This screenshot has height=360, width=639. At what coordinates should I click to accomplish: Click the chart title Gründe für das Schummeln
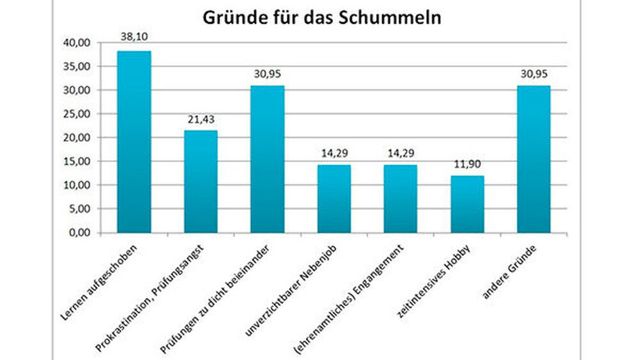(x=322, y=18)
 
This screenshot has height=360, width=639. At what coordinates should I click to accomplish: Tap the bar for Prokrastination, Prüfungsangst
(x=201, y=182)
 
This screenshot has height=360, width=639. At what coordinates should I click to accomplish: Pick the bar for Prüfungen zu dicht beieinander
(x=267, y=159)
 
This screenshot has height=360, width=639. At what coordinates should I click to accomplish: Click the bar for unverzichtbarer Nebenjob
(x=334, y=199)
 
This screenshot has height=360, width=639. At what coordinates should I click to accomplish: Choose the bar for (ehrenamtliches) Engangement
(x=401, y=199)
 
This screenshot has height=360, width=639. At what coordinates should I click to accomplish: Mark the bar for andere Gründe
(x=534, y=159)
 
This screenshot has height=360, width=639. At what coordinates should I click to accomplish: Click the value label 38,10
(x=134, y=38)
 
